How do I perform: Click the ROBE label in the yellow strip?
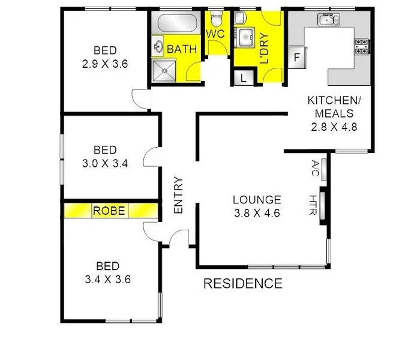click(109, 211)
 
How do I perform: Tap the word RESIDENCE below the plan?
click(242, 283)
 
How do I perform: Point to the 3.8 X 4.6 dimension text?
click(257, 212)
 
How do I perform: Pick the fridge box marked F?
click(296, 58)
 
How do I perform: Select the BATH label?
click(181, 49)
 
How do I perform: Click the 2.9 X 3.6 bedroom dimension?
click(105, 62)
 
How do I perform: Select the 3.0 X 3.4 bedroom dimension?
click(105, 162)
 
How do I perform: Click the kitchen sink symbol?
click(327, 20)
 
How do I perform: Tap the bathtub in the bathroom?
click(177, 24)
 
